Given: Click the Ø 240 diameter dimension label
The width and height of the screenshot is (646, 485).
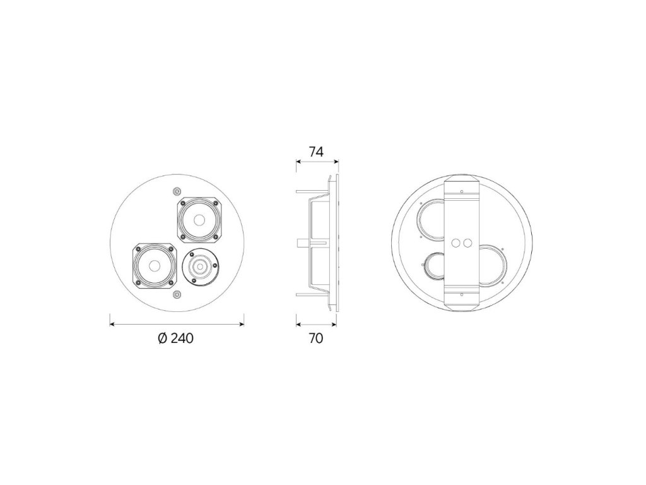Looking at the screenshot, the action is (176, 338).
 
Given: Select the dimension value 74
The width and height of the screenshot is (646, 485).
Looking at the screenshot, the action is (316, 152).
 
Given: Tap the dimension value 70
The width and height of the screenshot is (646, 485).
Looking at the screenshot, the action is (315, 338).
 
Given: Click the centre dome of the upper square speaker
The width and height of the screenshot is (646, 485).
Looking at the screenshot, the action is (198, 220).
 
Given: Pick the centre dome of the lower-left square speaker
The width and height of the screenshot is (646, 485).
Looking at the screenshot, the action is (153, 266).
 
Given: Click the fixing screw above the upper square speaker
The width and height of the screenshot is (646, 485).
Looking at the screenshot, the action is (177, 191).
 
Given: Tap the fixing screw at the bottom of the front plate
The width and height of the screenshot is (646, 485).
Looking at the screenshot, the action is (177, 294).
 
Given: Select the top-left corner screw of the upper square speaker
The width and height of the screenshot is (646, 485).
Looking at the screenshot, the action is (181, 203).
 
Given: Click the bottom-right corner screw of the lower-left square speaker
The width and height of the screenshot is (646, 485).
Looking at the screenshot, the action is (171, 283).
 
